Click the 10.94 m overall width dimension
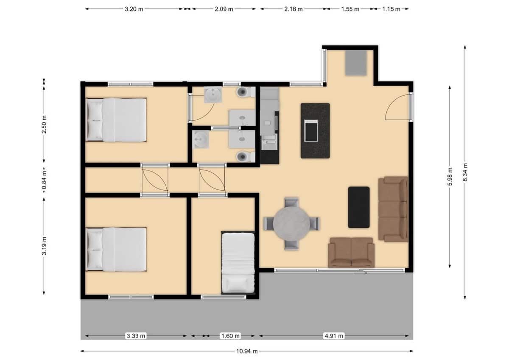246,351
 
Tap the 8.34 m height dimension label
465,172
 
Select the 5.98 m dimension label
450,176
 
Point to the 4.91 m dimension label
334,336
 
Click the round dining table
291,223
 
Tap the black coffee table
358,207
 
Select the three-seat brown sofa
393,209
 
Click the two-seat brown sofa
351,252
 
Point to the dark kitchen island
315,130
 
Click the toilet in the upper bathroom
244,92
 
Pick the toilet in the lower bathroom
243,157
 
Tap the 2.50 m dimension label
44,124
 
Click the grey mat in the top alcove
355,62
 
